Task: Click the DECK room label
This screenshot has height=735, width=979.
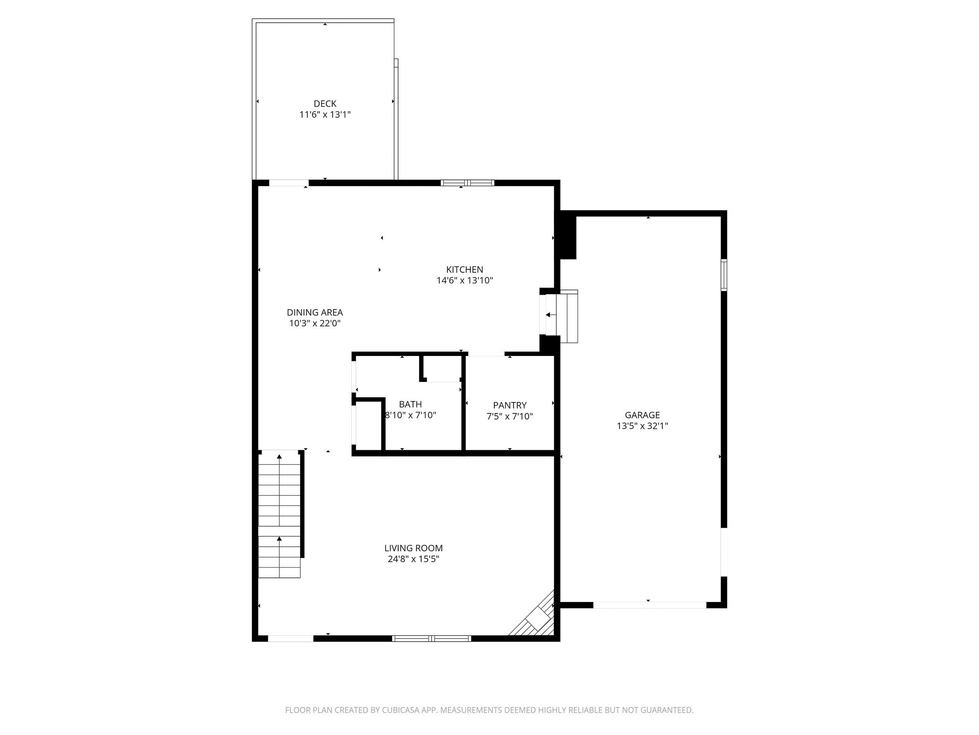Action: pos(325,104)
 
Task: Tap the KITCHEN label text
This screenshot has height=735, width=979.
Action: pos(465,269)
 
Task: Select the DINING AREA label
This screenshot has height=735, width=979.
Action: pos(315,312)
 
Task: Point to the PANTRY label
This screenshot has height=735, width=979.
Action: pos(510,405)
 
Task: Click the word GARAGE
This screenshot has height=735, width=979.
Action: pos(642,415)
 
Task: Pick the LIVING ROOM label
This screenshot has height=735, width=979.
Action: pos(413,548)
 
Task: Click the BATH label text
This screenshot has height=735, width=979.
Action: pos(410,404)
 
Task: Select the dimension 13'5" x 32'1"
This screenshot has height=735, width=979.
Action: pos(642,426)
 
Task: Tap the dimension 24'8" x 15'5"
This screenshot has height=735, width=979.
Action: pos(413,559)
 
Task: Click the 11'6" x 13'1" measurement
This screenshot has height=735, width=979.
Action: pos(325,115)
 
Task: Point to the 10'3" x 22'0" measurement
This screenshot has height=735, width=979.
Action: pos(315,323)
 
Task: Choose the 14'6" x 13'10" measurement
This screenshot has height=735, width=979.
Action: pos(465,280)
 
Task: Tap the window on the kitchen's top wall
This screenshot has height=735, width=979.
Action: pos(467,182)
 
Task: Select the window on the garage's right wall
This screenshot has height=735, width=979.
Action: pos(724,275)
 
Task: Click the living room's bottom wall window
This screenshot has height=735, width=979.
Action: pos(431,638)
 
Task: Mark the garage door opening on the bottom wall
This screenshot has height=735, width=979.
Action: pos(649,605)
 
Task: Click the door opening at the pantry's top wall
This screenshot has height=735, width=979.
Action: pos(485,354)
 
